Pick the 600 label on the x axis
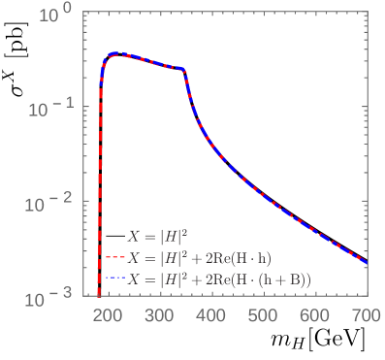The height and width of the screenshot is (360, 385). [314, 316]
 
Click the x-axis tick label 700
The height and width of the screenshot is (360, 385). [366, 316]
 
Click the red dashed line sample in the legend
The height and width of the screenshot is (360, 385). [114, 258]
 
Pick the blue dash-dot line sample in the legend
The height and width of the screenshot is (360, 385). [114, 279]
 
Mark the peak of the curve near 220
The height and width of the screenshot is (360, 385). [115, 53]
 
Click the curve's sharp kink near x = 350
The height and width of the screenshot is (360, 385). [184, 72]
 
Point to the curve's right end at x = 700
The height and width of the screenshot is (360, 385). [366, 262]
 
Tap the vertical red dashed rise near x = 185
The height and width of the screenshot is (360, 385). [100, 194]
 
